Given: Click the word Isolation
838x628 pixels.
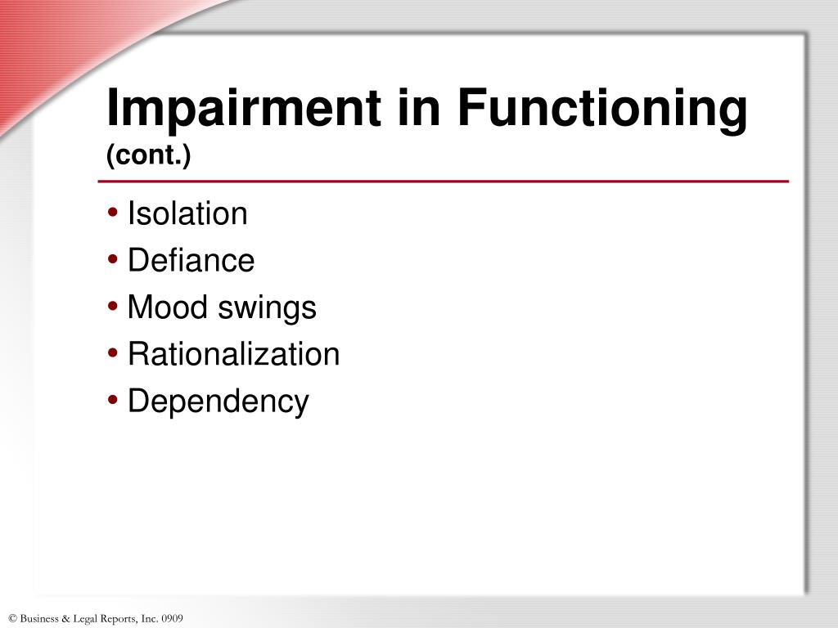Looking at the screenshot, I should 187,214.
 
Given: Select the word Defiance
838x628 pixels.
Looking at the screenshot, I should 191,262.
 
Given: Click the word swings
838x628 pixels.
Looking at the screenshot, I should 268,308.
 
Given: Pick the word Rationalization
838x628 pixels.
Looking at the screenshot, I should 233,355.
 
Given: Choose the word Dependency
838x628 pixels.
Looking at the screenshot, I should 219,401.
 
